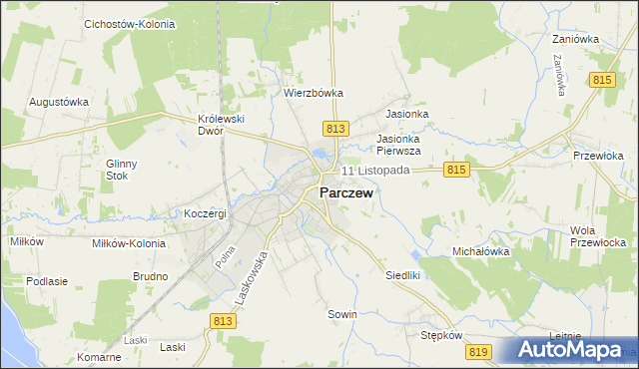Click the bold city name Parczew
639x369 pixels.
346,193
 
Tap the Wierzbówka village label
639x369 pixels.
314,93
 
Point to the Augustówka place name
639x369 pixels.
59,102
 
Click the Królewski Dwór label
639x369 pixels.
222,125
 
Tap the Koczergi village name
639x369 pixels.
206,213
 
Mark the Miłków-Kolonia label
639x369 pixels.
127,243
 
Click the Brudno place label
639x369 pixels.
150,275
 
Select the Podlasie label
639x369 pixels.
47,281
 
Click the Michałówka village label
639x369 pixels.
481,251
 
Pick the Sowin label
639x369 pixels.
342,314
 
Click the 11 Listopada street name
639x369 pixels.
375,171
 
